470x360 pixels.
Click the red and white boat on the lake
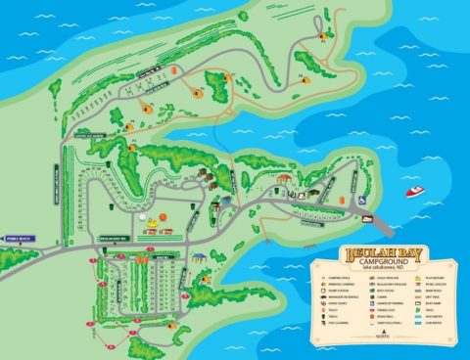415,191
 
